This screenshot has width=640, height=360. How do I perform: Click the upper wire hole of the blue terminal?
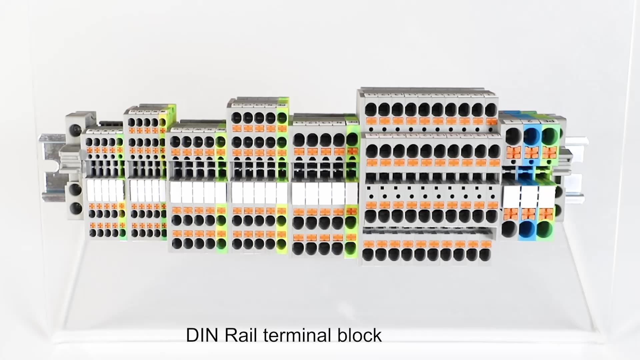coord(531,135)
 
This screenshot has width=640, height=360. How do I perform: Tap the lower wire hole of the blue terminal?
coord(527,230)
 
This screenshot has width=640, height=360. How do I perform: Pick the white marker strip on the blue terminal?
coord(529,197)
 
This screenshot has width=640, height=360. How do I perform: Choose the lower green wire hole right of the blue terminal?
coord(545,230)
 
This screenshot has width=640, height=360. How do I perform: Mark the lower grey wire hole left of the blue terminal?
coord(509,229)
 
